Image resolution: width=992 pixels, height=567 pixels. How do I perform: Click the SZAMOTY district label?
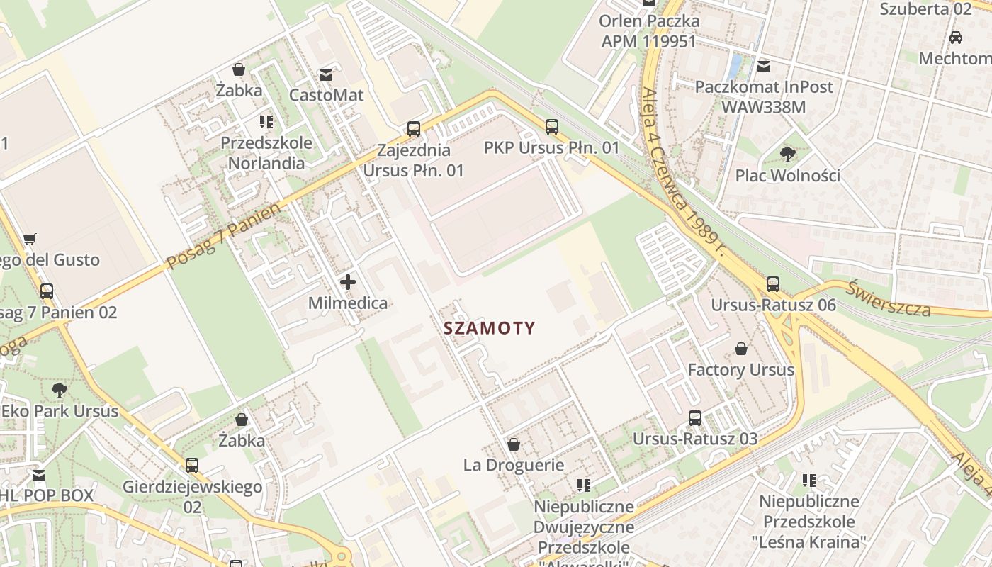(489, 328)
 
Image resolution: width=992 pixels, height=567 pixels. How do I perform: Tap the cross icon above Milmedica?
(347, 282)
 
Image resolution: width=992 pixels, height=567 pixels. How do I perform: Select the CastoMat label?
(326, 95)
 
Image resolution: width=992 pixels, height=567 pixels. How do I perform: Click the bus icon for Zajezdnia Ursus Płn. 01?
(414, 129)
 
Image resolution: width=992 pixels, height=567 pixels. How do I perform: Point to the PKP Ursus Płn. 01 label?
(551, 148)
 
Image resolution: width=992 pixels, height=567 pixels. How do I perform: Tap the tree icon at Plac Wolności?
(787, 155)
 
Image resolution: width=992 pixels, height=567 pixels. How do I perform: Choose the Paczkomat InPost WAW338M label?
(763, 97)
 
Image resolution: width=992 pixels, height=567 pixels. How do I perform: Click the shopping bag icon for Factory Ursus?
(740, 349)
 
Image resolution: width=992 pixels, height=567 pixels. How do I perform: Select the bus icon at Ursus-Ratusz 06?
(773, 284)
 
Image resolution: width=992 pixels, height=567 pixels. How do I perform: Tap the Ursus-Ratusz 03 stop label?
(694, 439)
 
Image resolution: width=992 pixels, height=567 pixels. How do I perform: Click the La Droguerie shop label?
(514, 466)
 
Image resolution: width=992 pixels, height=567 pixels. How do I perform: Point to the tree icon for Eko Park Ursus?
(60, 390)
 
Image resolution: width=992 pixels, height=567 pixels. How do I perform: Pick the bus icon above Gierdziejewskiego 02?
(192, 466)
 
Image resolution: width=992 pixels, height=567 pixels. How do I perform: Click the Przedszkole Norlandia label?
(266, 153)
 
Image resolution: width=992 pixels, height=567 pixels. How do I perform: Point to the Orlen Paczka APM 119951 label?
(648, 31)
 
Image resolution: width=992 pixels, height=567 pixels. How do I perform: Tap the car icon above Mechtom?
(955, 38)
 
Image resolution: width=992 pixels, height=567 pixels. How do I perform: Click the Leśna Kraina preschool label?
(808, 522)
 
